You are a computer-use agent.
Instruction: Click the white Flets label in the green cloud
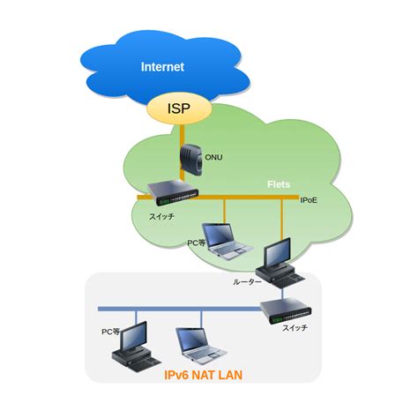(279, 186)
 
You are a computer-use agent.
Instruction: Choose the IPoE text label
(310, 201)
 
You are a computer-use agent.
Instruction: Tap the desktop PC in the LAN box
(131, 346)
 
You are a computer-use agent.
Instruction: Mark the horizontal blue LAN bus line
(176, 309)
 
